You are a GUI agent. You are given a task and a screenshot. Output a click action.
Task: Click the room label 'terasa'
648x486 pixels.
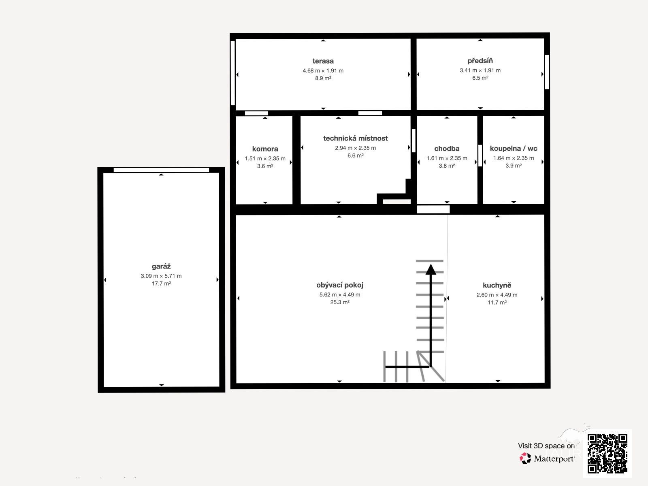pyautogui.click(x=323, y=61)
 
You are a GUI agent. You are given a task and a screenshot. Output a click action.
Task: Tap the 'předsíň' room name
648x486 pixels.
pyautogui.click(x=480, y=61)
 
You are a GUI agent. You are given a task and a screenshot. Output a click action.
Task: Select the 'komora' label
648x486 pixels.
pyautogui.click(x=265, y=149)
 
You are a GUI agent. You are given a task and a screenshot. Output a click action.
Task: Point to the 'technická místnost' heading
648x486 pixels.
pyautogui.click(x=356, y=138)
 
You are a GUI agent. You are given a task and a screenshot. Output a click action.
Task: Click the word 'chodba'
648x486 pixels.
pyautogui.click(x=447, y=148)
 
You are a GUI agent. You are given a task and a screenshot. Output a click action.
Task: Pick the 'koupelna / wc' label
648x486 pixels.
pyautogui.click(x=514, y=148)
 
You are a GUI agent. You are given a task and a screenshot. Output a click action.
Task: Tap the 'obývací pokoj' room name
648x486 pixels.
pyautogui.click(x=340, y=285)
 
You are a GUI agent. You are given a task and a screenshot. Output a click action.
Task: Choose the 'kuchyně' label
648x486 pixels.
pyautogui.click(x=497, y=286)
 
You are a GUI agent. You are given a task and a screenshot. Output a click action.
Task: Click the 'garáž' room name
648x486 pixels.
pyautogui.click(x=161, y=266)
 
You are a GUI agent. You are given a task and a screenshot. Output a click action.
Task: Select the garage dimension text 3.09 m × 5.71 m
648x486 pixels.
pyautogui.click(x=161, y=276)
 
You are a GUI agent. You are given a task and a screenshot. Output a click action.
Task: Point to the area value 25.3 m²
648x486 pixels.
pyautogui.click(x=340, y=302)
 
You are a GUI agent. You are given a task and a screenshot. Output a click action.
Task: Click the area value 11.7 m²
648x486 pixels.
pyautogui.click(x=497, y=303)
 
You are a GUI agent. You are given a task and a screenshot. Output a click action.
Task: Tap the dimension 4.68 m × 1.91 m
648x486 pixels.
pyautogui.click(x=323, y=70)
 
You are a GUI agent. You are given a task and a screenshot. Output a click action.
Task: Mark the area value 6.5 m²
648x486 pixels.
pyautogui.click(x=480, y=78)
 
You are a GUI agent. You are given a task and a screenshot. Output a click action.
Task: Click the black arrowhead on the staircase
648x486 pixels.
pyautogui.click(x=431, y=269)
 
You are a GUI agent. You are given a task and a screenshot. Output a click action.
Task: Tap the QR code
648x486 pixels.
pyautogui.click(x=607, y=454)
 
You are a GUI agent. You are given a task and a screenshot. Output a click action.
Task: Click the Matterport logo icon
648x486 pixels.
pyautogui.click(x=525, y=458)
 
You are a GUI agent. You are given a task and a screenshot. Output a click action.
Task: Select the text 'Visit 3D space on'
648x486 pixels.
pyautogui.click(x=546, y=446)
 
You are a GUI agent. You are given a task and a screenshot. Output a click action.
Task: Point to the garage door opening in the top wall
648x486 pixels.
pyautogui.click(x=161, y=170)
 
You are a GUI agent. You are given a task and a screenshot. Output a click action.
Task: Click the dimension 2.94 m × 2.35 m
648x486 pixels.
pyautogui.click(x=356, y=148)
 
